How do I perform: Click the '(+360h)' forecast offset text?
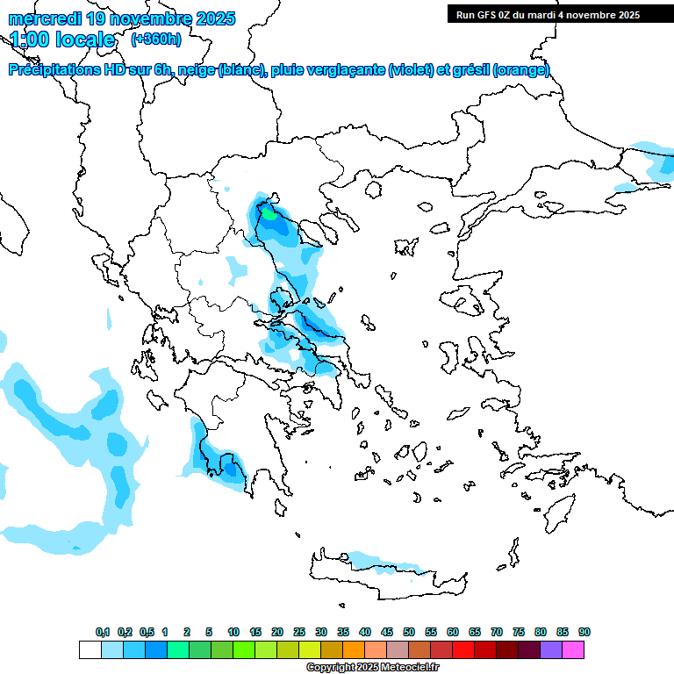[156, 39]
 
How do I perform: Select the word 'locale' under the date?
[85, 39]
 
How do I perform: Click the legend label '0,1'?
[103, 632]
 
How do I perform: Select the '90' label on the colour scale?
[584, 632]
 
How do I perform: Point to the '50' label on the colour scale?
[409, 632]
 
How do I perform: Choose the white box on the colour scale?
[90, 649]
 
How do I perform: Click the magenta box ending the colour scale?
[573, 649]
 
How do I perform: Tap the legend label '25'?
[299, 632]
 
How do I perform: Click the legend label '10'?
[233, 632]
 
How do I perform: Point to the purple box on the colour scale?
[551, 649]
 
